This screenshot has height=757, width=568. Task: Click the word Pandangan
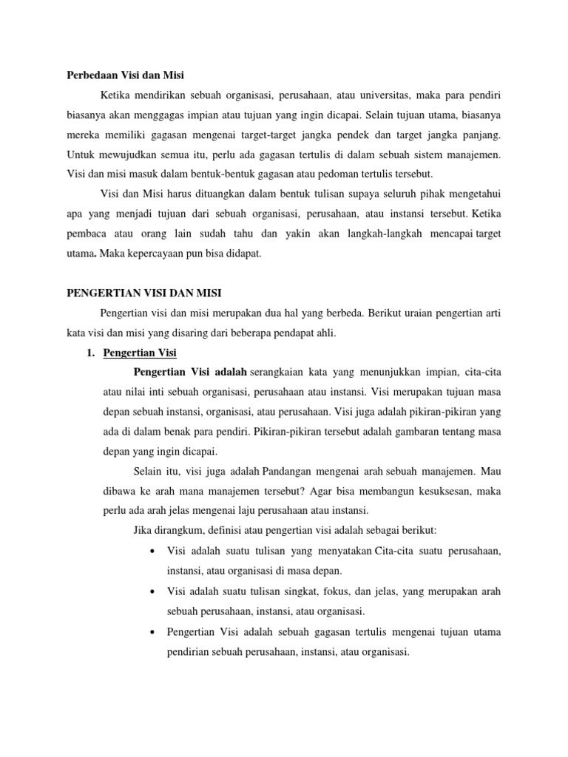point(287,471)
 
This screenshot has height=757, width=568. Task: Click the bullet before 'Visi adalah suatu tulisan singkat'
point(151,593)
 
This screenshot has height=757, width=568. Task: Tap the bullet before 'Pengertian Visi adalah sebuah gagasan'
point(151,633)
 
